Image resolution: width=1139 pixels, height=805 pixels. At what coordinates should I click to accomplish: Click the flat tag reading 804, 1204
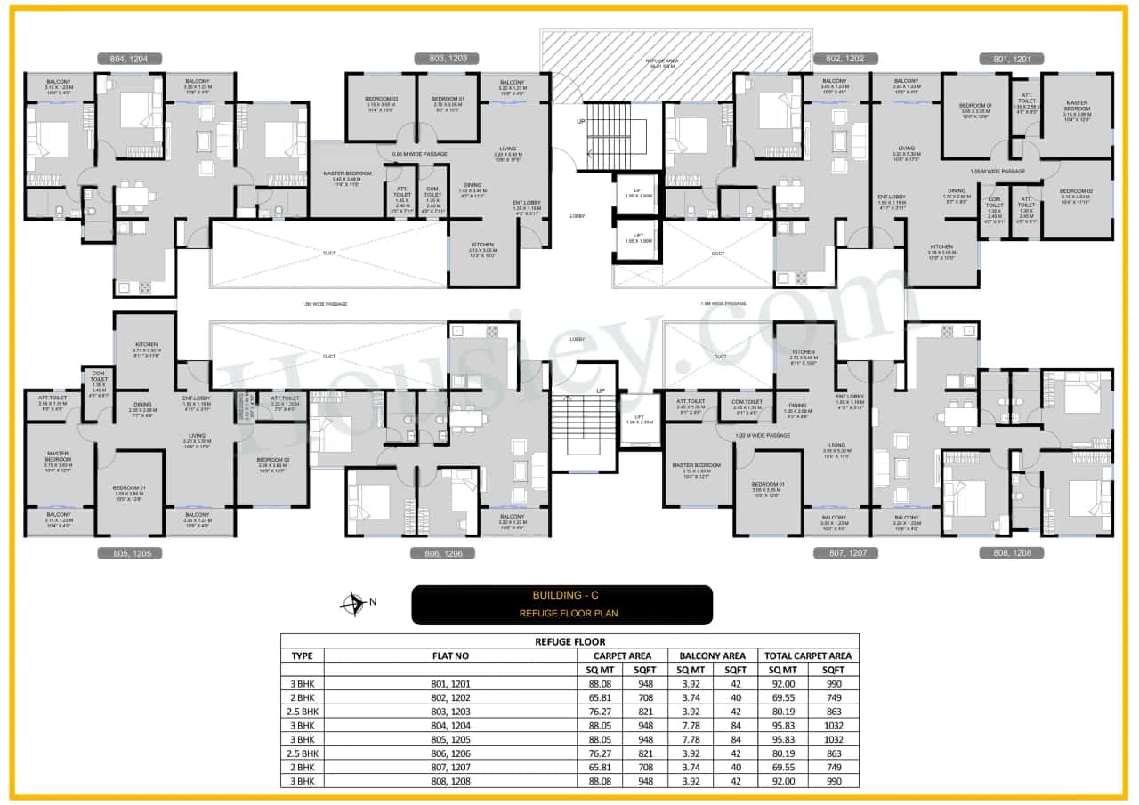[x=130, y=59]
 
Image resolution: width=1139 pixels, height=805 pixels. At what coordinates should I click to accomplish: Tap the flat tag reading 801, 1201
[x=1011, y=59]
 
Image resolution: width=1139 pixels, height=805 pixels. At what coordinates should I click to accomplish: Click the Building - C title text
[x=561, y=595]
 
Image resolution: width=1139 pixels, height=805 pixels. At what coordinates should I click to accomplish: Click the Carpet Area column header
[x=622, y=656]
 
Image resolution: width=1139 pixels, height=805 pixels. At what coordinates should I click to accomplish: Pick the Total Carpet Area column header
[x=808, y=656]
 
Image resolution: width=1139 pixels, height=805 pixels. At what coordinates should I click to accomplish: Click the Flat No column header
[x=450, y=656]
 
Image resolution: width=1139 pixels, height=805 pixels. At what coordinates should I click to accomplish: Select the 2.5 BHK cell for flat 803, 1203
[x=302, y=712]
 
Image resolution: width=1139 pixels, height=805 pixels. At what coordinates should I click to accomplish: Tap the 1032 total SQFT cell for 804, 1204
[x=833, y=726]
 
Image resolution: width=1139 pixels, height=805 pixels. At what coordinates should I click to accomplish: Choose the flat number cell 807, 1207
[x=450, y=767]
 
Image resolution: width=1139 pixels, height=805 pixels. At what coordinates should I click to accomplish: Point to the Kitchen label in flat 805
[x=146, y=344]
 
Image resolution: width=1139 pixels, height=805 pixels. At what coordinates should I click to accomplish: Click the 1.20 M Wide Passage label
[x=763, y=436]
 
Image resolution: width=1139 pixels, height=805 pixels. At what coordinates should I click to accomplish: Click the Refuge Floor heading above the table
[x=569, y=641]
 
